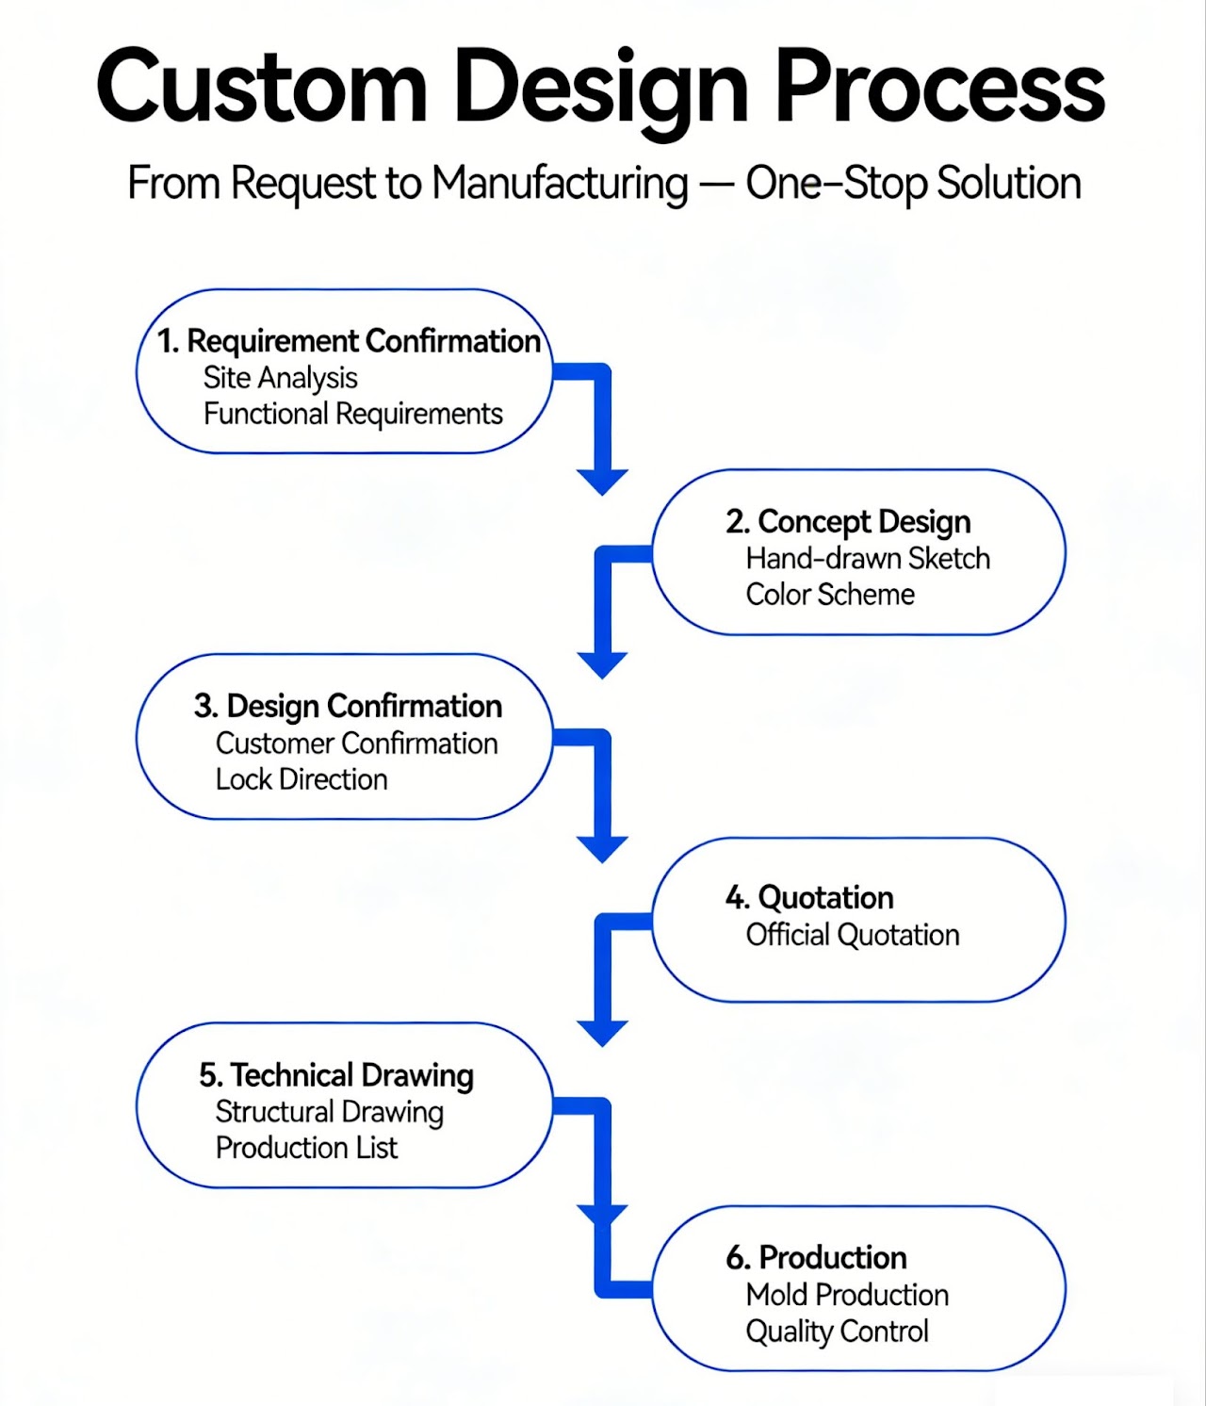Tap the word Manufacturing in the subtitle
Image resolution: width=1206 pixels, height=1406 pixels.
click(560, 183)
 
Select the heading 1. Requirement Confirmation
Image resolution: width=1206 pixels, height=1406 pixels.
click(349, 340)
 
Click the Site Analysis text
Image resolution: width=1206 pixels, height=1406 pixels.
click(280, 378)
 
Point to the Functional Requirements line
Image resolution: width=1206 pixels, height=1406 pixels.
click(352, 414)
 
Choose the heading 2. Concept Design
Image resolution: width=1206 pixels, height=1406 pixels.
click(848, 521)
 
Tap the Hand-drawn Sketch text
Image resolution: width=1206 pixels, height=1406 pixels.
click(868, 558)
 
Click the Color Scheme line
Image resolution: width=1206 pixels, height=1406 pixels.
click(830, 595)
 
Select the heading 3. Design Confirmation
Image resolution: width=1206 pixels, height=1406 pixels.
click(348, 706)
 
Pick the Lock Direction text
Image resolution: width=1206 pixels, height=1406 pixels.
click(301, 779)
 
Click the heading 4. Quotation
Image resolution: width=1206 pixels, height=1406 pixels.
click(809, 897)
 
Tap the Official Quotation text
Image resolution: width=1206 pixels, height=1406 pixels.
click(853, 935)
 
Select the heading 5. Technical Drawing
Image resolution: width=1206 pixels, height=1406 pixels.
click(336, 1075)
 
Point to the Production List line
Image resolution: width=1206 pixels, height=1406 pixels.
click(306, 1148)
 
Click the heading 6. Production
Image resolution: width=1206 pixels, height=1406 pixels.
click(816, 1257)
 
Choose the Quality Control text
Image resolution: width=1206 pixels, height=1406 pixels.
click(837, 1331)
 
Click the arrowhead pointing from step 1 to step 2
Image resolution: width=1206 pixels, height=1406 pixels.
click(603, 481)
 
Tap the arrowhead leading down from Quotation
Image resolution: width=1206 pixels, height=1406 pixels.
click(603, 1032)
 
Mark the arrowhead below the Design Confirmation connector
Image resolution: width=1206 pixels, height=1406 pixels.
click(603, 848)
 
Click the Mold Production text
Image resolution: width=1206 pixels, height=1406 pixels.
click(847, 1295)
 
